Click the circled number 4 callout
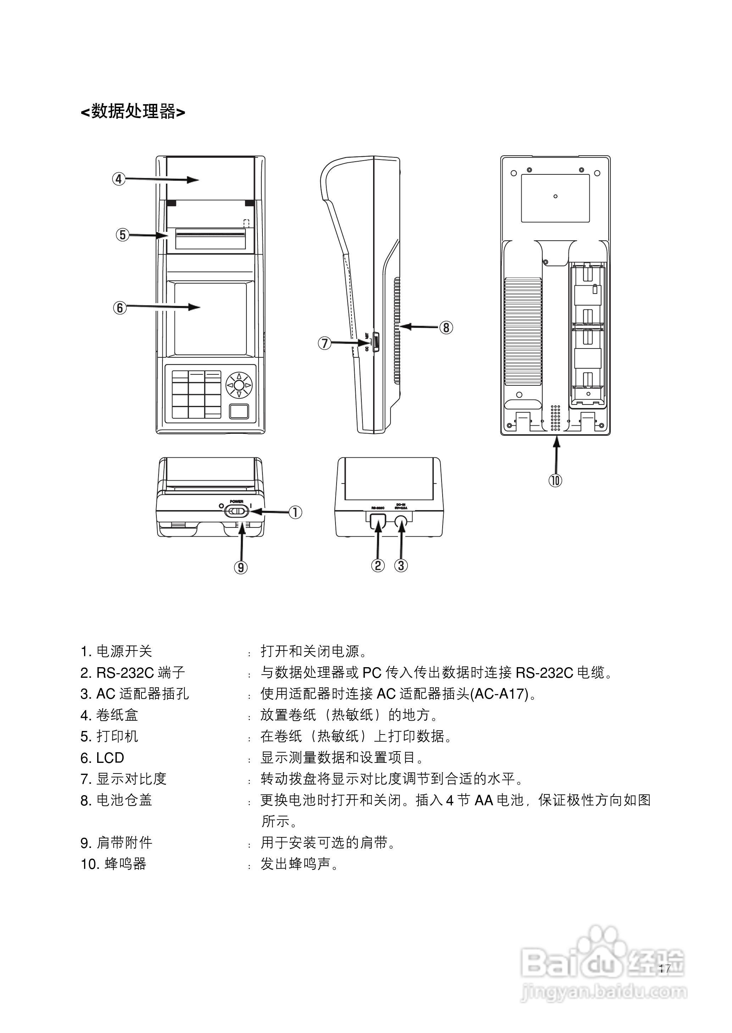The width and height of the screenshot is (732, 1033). (118, 179)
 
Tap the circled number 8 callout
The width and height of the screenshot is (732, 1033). (446, 327)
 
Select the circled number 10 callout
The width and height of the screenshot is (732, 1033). (555, 480)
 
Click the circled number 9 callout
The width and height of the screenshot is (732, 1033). (241, 567)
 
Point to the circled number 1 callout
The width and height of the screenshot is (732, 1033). (295, 512)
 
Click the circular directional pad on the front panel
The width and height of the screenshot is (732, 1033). (239, 385)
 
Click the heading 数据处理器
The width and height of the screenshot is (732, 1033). (133, 111)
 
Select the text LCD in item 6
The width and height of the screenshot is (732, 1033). (110, 758)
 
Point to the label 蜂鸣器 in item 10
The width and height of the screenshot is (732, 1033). (126, 864)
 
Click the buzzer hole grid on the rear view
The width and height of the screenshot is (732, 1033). (555, 417)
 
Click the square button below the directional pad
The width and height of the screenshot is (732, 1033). (239, 411)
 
